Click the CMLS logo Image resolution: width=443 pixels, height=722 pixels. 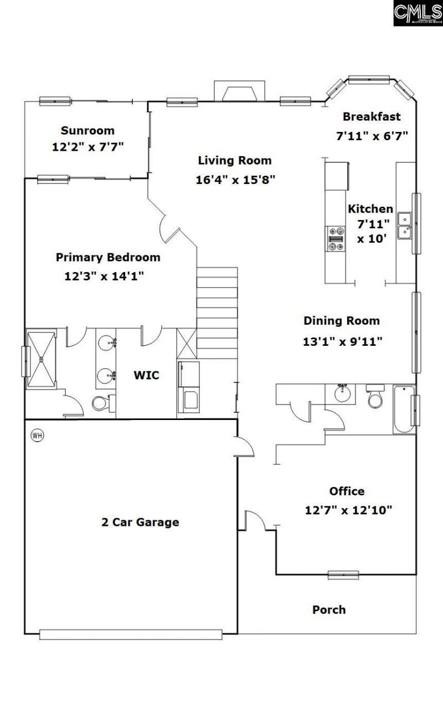pyautogui.click(x=418, y=13)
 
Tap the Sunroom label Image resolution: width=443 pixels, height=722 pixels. pyautogui.click(x=87, y=131)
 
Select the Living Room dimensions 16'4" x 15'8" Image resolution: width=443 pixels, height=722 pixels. pyautogui.click(x=235, y=180)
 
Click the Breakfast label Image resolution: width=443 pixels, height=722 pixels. pyautogui.click(x=372, y=116)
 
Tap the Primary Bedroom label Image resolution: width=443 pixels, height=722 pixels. pyautogui.click(x=108, y=257)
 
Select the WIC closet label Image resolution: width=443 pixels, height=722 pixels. pyautogui.click(x=147, y=375)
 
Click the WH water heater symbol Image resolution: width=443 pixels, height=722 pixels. pyautogui.click(x=37, y=435)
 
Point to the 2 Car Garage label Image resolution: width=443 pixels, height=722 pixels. pyautogui.click(x=140, y=521)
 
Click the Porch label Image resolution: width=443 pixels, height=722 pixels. pyautogui.click(x=329, y=610)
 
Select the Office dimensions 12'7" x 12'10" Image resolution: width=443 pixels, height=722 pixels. pyautogui.click(x=348, y=510)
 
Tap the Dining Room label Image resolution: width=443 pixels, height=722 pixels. pyautogui.click(x=342, y=320)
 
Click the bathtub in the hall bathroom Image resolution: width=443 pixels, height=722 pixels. pyautogui.click(x=404, y=409)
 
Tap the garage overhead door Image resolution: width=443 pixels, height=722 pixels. pyautogui.click(x=131, y=634)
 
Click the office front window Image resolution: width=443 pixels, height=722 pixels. pyautogui.click(x=343, y=575)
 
